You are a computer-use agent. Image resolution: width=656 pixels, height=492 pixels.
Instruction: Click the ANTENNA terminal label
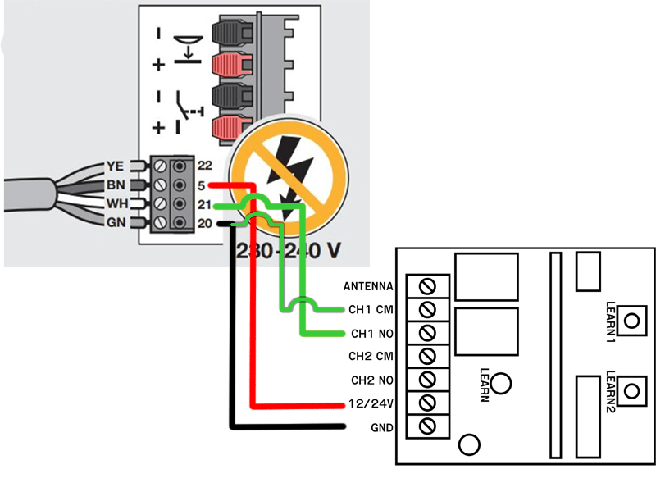[x=368, y=286]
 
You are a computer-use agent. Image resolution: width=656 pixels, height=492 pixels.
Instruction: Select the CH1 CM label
[x=371, y=310]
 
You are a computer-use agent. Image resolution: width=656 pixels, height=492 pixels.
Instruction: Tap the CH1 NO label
[x=371, y=334]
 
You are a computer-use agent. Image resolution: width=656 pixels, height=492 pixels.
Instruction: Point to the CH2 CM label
[x=371, y=357]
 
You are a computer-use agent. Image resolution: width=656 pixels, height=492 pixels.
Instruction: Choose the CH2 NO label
[x=371, y=380]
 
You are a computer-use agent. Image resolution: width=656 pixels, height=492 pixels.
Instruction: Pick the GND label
[x=383, y=428]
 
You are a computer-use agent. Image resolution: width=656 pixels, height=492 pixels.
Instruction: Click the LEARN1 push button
[x=630, y=320]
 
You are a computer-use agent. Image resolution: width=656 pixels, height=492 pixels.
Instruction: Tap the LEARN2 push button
[x=630, y=389]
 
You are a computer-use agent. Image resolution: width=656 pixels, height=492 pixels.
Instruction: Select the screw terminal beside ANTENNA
[x=426, y=286]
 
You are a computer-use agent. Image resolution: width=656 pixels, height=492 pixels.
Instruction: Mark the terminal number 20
[x=204, y=222]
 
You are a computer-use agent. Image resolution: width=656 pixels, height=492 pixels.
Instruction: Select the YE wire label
[x=115, y=166]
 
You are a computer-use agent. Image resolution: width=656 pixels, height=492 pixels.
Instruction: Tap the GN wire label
[x=115, y=222]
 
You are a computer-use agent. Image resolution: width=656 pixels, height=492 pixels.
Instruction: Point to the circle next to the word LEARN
[x=504, y=383]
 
